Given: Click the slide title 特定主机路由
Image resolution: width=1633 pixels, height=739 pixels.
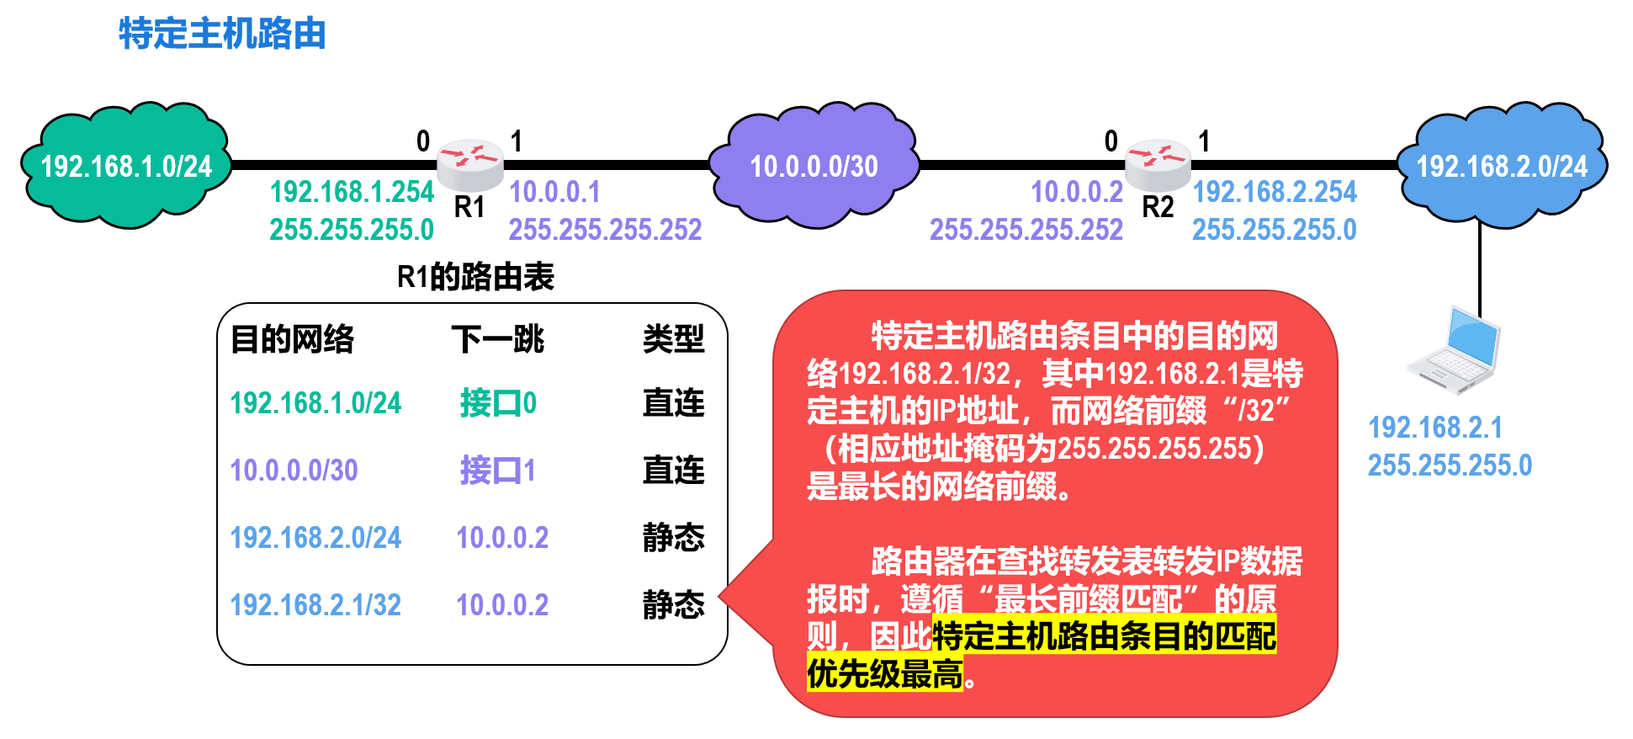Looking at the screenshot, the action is (222, 34).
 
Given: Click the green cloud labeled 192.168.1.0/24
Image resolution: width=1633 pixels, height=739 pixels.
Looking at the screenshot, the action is (126, 165).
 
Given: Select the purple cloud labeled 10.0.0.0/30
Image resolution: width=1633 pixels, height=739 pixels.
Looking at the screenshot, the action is (814, 165).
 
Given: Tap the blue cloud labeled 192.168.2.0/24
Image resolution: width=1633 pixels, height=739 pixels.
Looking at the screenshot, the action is (1502, 165).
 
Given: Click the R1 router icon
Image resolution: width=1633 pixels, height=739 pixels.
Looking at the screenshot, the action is (469, 164).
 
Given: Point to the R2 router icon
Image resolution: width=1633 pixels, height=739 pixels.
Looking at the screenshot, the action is (1158, 164).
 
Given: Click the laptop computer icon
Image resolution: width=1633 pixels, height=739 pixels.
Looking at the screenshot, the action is (1454, 350).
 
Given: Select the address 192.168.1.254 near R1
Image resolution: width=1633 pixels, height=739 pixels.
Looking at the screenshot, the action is (352, 192).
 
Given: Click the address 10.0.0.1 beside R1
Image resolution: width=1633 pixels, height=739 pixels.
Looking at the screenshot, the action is (554, 192).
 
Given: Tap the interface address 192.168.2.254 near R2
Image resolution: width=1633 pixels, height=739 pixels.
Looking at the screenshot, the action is (1275, 192).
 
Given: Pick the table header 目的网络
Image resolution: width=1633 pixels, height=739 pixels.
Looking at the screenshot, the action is (292, 339).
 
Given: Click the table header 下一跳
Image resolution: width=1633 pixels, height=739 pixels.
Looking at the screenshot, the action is (498, 339).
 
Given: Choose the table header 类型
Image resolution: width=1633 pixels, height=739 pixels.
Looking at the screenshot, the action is (674, 339).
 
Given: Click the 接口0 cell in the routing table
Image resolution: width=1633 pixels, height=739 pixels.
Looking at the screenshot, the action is (498, 403).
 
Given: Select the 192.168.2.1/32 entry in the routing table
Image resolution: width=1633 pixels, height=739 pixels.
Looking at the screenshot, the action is (315, 605).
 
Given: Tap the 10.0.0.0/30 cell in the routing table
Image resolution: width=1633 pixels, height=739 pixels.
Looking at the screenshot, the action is (294, 471).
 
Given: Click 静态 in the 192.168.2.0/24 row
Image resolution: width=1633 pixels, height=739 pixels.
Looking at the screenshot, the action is (674, 538).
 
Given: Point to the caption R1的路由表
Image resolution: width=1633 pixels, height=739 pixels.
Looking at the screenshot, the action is (475, 277).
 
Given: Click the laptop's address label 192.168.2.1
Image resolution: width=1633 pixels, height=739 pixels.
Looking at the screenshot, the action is (1435, 428).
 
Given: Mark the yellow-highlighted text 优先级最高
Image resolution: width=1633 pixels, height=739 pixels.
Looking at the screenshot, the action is (885, 674).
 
